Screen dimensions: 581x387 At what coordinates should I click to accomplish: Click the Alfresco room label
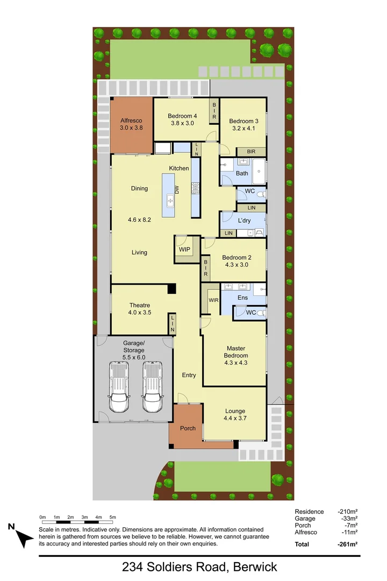coord(131,121)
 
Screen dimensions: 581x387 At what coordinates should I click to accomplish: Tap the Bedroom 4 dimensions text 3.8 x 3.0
coord(182,123)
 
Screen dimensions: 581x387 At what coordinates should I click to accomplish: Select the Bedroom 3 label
coord(243,121)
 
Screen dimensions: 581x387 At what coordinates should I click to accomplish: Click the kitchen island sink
coord(170,201)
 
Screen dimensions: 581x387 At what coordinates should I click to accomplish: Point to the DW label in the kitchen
coord(176,189)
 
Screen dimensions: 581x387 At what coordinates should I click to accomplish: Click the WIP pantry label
coord(185,250)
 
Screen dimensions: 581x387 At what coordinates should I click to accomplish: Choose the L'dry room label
coord(245,221)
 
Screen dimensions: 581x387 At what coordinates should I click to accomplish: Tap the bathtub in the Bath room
coord(259,172)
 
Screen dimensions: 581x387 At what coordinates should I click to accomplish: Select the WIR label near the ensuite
coord(212,300)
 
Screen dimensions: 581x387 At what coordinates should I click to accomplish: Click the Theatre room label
coord(139,306)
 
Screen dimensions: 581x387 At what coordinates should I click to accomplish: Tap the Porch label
coord(188,428)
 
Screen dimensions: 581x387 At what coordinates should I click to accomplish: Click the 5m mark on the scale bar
coord(113,517)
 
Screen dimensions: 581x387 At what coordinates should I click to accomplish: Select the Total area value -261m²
coord(347,544)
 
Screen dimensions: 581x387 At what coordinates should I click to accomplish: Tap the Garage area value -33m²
coord(348,519)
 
